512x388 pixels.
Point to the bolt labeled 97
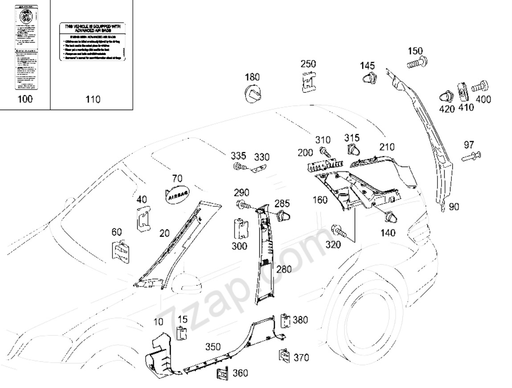tap(471, 156)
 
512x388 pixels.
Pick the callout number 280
tap(284, 269)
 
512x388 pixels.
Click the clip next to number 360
tap(222, 373)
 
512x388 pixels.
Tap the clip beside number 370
tap(284, 355)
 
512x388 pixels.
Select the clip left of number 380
tap(285, 320)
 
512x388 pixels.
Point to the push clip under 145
tap(368, 79)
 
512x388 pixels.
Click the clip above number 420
tap(447, 97)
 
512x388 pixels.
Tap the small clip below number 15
tap(181, 333)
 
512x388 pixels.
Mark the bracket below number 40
tap(143, 220)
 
